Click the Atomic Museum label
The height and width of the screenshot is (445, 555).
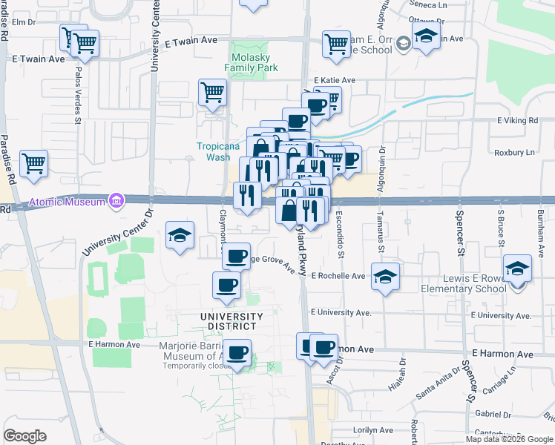pyautogui.click(x=68, y=202)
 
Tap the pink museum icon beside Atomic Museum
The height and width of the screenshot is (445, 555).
pyautogui.click(x=116, y=201)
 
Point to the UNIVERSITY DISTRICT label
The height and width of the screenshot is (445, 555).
pyautogui.click(x=231, y=322)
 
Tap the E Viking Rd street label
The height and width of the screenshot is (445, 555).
pyautogui.click(x=517, y=120)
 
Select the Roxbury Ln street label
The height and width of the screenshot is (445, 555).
pyautogui.click(x=514, y=153)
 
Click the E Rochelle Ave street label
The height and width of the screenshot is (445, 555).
pyautogui.click(x=338, y=276)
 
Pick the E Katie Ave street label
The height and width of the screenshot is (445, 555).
pyautogui.click(x=335, y=80)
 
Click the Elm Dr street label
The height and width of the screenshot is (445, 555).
pyautogui.click(x=23, y=22)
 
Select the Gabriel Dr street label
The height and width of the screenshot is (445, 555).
pyautogui.click(x=490, y=414)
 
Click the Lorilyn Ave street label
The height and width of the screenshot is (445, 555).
pyautogui.click(x=373, y=430)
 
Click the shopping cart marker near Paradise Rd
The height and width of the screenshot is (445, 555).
pyautogui.click(x=34, y=164)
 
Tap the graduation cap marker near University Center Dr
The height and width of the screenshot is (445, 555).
pyautogui.click(x=180, y=236)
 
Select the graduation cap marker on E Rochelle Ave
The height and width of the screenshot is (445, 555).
pyautogui.click(x=385, y=277)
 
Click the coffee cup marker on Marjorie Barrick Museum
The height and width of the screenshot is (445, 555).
pyautogui.click(x=237, y=353)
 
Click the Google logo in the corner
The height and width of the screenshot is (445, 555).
pyautogui.click(x=24, y=436)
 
